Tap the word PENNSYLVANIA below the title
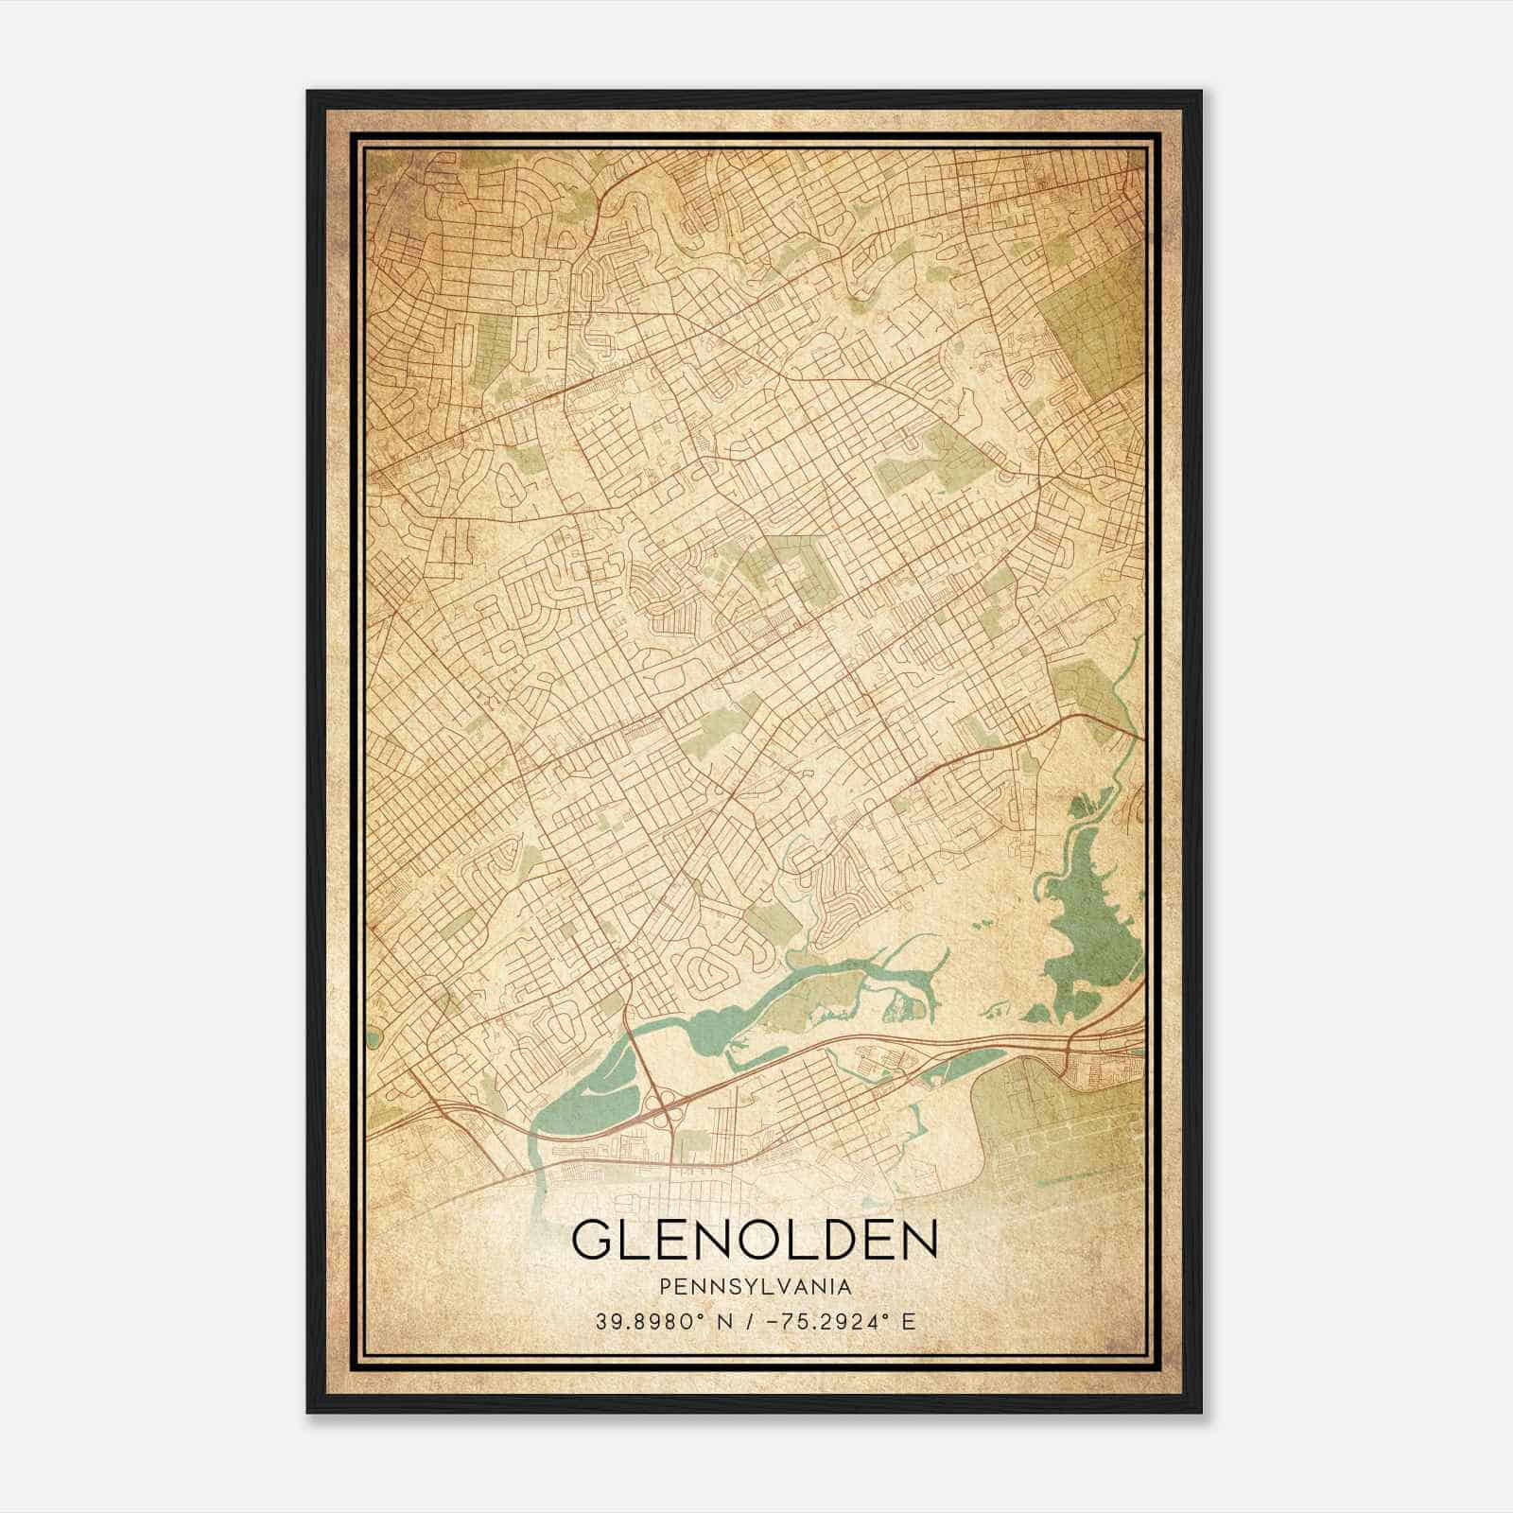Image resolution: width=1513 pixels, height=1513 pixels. pyautogui.click(x=755, y=1287)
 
